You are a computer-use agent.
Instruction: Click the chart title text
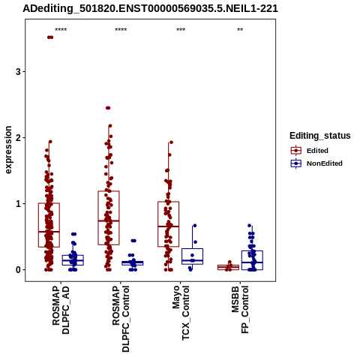(x=150, y=8)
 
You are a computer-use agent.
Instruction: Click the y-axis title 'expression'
(x=8, y=150)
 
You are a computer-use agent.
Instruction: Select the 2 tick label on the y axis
(x=18, y=138)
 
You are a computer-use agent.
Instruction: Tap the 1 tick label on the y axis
(x=18, y=204)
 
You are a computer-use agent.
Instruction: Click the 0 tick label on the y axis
(x=18, y=270)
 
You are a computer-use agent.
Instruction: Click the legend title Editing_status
(x=319, y=136)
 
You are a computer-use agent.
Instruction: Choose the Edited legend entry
(x=310, y=151)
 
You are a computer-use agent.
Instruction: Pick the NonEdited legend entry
(x=316, y=163)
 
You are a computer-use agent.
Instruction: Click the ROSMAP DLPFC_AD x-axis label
(x=61, y=310)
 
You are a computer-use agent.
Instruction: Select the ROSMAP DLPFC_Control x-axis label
(x=121, y=319)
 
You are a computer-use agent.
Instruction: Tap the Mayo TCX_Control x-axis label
(x=181, y=313)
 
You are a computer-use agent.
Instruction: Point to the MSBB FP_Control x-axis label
(x=240, y=310)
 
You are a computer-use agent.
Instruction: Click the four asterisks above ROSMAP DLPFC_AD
(x=61, y=30)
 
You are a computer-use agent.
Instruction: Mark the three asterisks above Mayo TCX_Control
(x=181, y=30)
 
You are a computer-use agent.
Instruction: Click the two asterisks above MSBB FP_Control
(x=240, y=30)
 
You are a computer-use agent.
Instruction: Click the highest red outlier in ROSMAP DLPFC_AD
(x=50, y=37)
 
